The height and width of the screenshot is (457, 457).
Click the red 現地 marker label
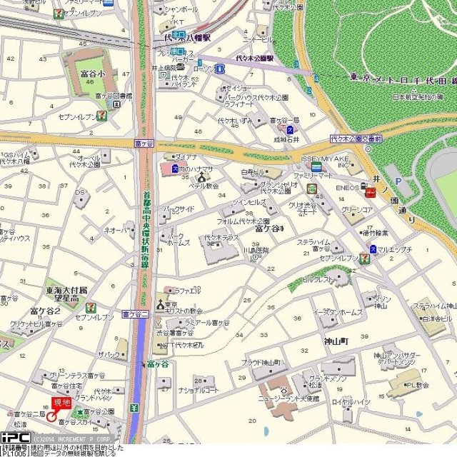click(62, 404)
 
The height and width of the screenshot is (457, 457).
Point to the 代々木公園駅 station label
click(256, 58)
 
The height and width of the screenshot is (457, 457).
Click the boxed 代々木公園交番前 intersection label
click(356, 139)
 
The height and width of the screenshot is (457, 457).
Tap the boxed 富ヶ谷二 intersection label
click(135, 313)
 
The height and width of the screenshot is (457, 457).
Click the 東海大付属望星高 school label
click(66, 295)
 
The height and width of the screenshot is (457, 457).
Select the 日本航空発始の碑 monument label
click(415, 96)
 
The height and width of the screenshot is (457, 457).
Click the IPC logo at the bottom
click(15, 437)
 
